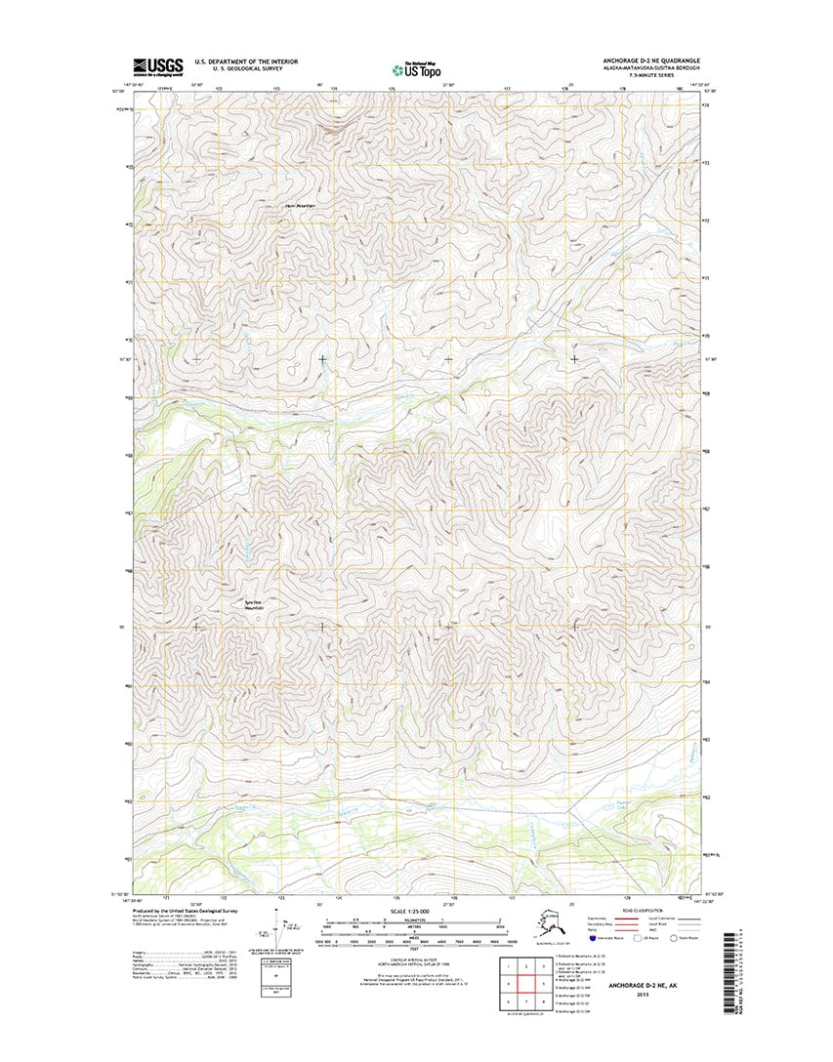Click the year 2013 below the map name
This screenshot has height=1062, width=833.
pos(642,997)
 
